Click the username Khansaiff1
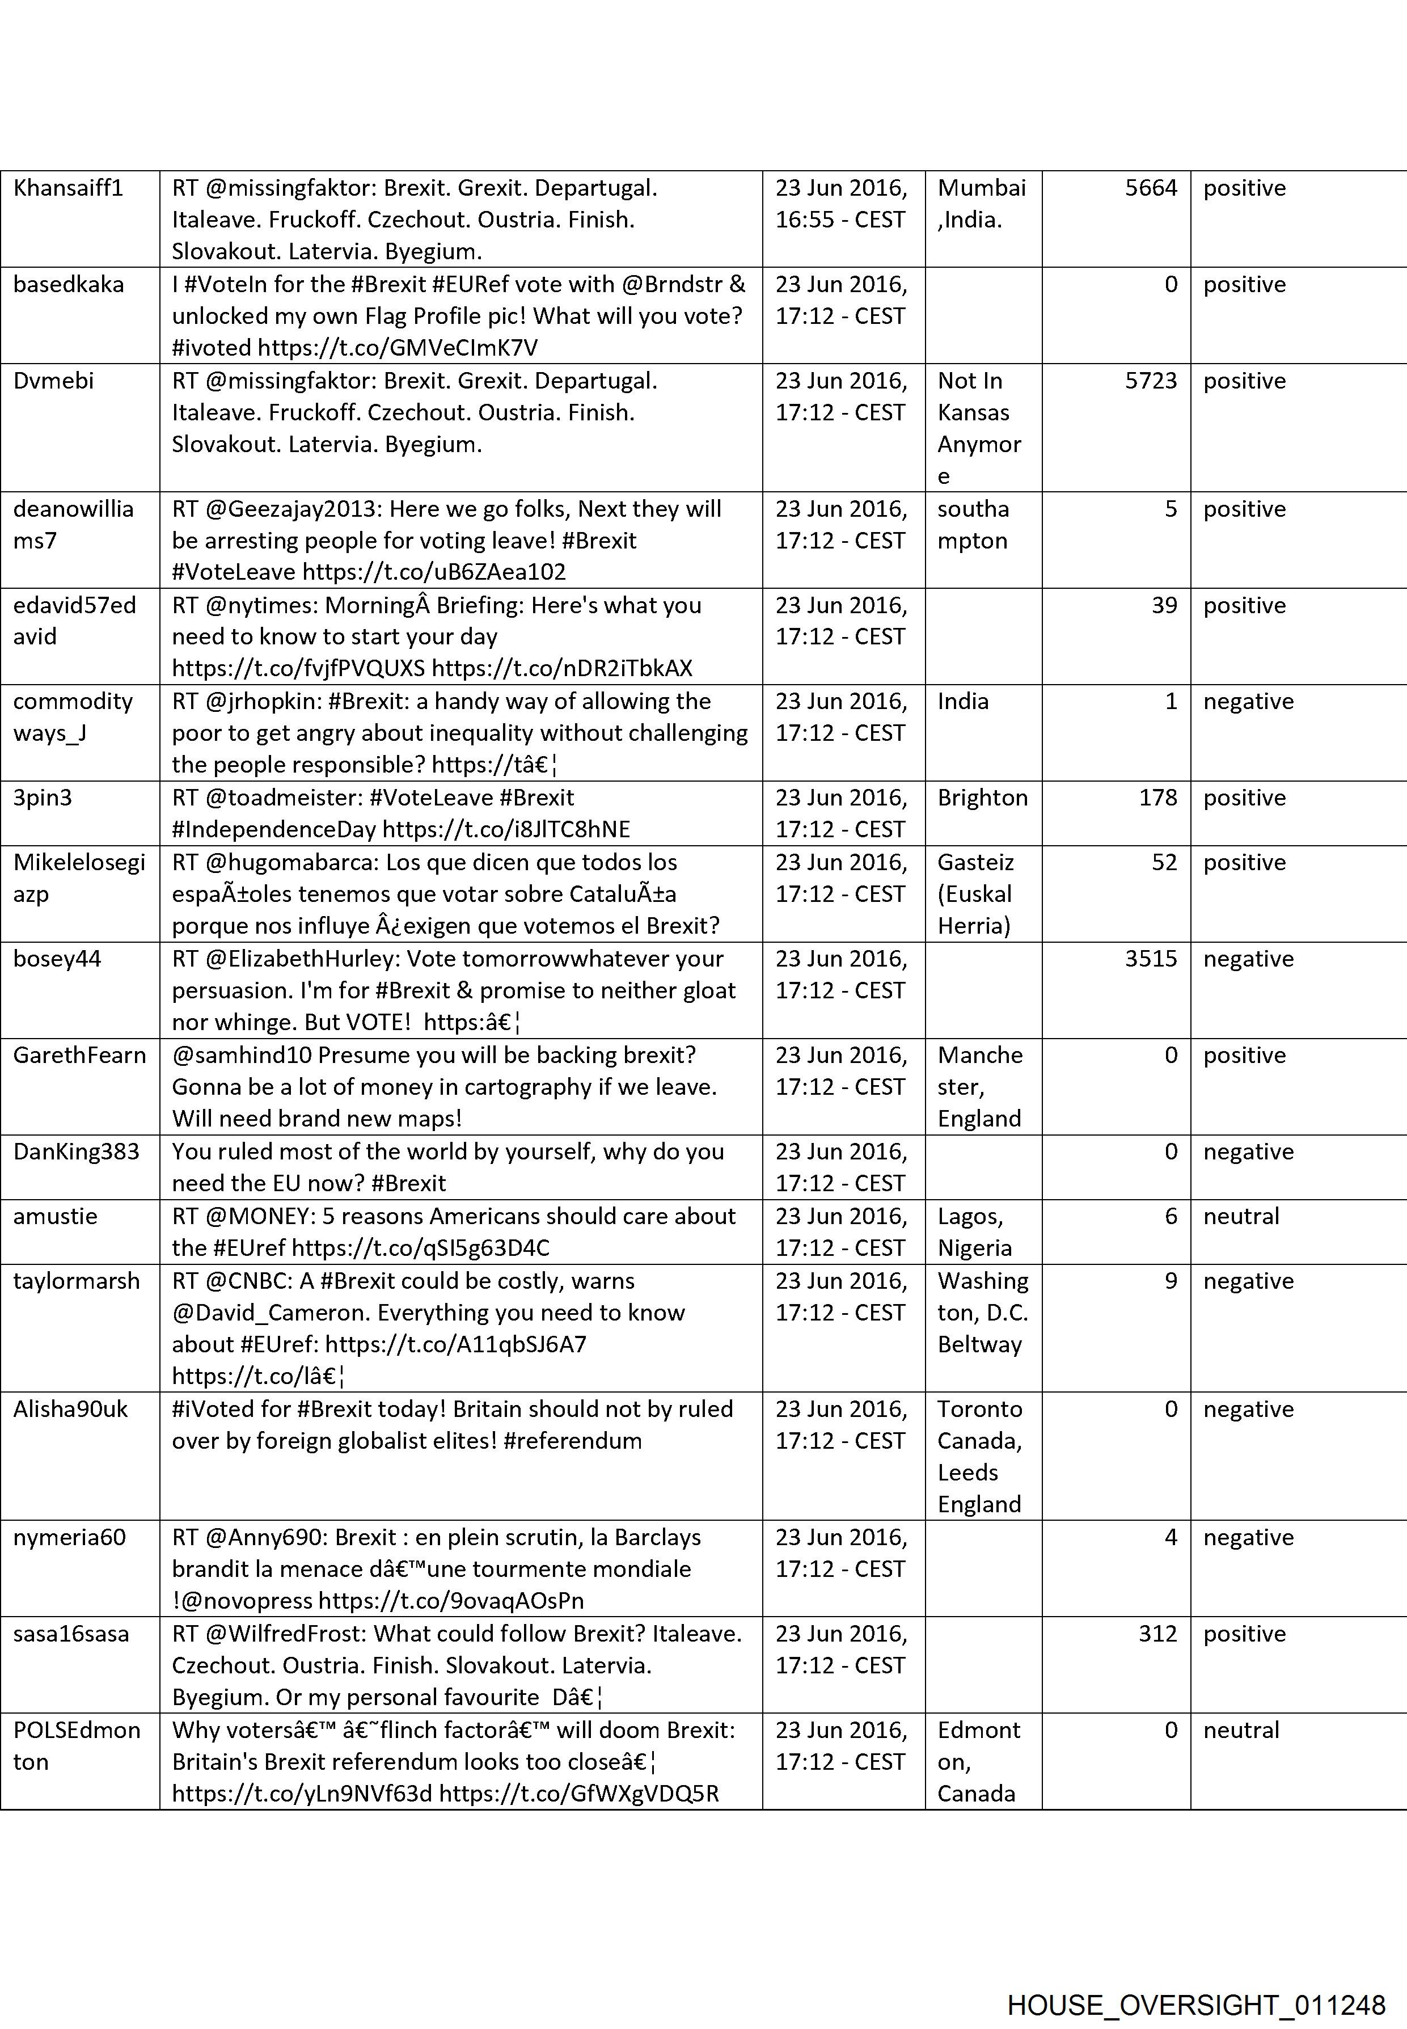(x=68, y=188)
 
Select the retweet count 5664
(x=1151, y=188)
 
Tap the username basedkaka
(x=69, y=284)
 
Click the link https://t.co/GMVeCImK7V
(x=397, y=347)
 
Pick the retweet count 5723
(x=1151, y=380)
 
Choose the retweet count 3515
(x=1151, y=959)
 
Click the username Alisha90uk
(x=70, y=1409)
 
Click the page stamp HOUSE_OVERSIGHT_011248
(x=1195, y=1981)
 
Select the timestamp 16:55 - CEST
(x=839, y=220)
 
